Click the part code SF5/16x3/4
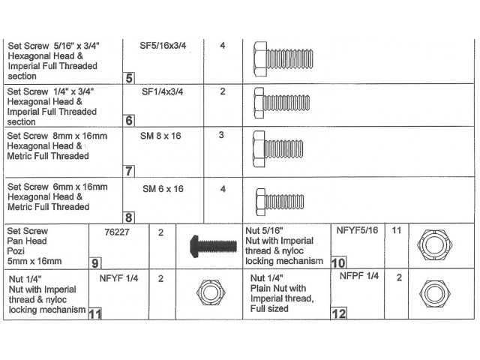tap(163, 46)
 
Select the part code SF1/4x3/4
tap(163, 91)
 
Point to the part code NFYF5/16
tap(358, 229)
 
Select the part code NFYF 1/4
tap(119, 278)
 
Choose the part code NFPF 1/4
tap(358, 277)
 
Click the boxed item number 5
tap(130, 78)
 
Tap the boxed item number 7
tap(130, 171)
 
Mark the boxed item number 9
tap(95, 263)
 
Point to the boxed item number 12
tap(339, 313)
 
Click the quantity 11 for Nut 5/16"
tap(398, 229)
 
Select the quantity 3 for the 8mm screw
tap(221, 135)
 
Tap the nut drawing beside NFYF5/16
tap(433, 244)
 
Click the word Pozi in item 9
tap(17, 251)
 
